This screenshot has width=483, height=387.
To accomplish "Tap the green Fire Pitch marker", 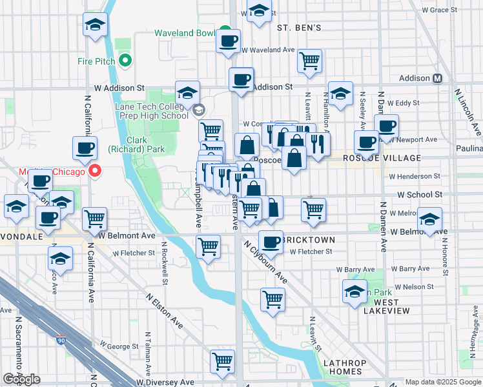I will pyautogui.click(x=125, y=62).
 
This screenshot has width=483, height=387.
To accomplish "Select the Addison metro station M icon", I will pyautogui.click(x=437, y=78).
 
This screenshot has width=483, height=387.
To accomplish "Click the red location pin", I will pyautogui.click(x=95, y=172).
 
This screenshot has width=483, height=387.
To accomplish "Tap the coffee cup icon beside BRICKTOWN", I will pyautogui.click(x=271, y=242).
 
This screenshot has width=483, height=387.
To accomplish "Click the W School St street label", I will pyautogui.click(x=420, y=194).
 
